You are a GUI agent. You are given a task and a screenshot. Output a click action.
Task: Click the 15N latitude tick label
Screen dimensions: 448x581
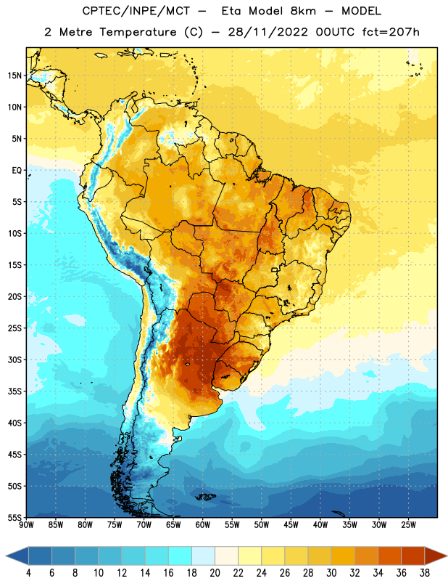tap(14, 76)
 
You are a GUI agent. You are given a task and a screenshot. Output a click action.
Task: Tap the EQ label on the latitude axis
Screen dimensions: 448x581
tap(17, 171)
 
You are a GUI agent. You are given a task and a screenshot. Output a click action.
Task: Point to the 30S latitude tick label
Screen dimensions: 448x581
tap(14, 359)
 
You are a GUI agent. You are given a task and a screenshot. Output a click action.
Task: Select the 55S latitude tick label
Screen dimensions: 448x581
tap(14, 518)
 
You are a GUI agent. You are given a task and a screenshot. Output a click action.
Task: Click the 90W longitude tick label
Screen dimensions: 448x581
tap(26, 525)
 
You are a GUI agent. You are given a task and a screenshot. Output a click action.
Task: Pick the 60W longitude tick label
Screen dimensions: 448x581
tap(203, 525)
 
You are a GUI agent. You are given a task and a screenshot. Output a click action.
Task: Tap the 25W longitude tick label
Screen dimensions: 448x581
tap(408, 525)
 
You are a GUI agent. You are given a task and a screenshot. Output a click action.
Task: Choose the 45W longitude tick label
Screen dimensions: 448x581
tap(291, 525)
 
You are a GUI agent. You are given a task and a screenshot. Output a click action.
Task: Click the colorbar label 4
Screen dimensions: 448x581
tap(28, 573)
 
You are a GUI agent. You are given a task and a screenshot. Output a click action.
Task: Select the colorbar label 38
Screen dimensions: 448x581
tap(424, 573)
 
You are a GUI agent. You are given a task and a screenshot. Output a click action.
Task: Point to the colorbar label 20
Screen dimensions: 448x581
tap(215, 573)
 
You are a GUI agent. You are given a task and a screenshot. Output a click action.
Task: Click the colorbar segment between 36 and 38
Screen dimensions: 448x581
tap(413, 556)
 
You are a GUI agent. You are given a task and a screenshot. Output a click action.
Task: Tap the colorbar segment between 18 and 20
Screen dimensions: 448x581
tap(203, 556)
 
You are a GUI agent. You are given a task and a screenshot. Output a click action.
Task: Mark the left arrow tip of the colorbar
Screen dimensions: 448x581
tap(6, 556)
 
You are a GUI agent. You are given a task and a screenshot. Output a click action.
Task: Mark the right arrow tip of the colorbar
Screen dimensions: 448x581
tap(447, 556)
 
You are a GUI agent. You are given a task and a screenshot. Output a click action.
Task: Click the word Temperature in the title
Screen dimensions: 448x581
tap(138, 32)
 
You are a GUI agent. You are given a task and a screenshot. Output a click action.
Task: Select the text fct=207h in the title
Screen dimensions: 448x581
tap(391, 32)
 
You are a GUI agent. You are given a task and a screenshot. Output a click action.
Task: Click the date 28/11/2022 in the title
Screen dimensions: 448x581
tap(267, 32)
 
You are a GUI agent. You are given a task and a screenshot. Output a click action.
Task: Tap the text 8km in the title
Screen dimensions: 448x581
tap(303, 11)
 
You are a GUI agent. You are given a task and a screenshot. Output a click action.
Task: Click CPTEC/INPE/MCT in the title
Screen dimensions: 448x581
tap(136, 11)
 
